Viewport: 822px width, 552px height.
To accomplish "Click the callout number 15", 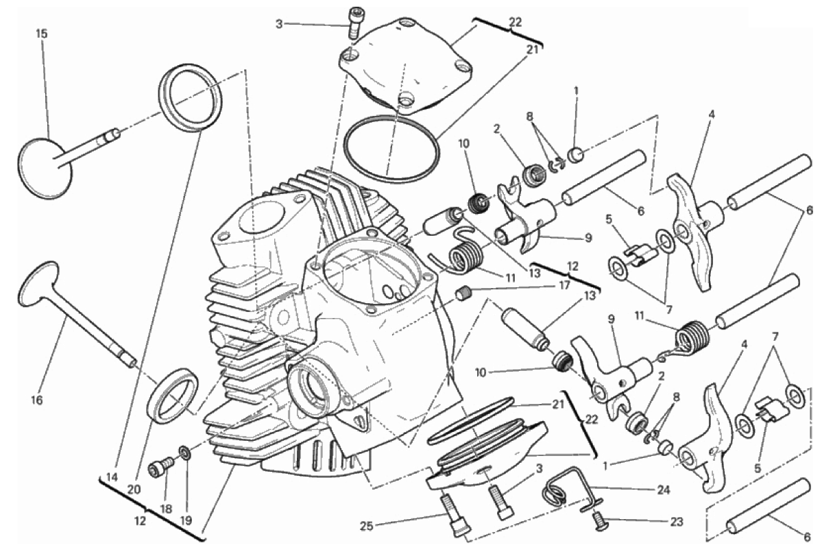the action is click(x=41, y=34).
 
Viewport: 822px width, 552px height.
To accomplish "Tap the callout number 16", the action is click(x=36, y=400).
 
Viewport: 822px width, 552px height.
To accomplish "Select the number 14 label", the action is click(x=112, y=477).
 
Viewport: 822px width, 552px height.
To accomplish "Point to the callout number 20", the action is click(x=134, y=490).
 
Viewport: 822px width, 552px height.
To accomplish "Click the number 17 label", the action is click(x=564, y=286).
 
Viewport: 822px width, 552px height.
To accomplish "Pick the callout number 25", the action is click(x=367, y=525).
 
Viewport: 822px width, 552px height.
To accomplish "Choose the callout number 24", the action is click(x=663, y=490).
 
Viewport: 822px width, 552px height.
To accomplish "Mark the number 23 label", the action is click(x=676, y=522).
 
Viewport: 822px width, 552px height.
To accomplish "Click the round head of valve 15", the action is click(x=45, y=168).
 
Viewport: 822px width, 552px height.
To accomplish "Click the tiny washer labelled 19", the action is click(x=184, y=451).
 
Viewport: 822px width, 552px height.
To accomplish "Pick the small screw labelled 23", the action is click(x=599, y=520).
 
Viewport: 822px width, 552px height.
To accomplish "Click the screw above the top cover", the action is click(x=355, y=22).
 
